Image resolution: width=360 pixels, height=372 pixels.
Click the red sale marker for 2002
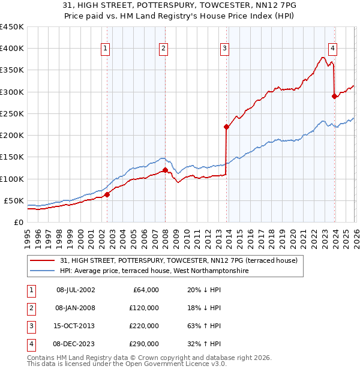tap(107, 194)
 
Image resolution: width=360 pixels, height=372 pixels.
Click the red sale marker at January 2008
tap(165, 170)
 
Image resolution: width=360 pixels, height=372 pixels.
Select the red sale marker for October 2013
tap(226, 127)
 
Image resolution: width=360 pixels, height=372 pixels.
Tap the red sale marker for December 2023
tap(334, 96)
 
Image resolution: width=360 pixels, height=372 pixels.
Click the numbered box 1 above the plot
tap(106, 49)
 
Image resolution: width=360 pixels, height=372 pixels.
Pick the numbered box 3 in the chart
tap(224, 49)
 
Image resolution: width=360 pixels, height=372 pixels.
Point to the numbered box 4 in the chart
tap(332, 49)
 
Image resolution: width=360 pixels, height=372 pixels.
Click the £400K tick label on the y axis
tap(12, 49)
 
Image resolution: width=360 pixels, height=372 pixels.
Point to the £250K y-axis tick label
tap(12, 113)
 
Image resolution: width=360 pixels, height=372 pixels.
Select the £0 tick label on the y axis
tap(19, 222)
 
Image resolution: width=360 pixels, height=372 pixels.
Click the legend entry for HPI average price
tap(154, 271)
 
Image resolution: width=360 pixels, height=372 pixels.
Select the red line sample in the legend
tap(42, 260)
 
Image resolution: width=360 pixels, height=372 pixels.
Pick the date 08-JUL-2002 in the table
tap(76, 290)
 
